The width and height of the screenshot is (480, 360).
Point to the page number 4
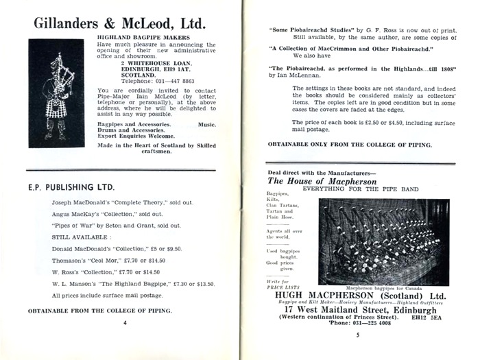125,321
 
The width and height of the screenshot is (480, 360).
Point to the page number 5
357,335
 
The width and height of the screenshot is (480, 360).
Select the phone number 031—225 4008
372,325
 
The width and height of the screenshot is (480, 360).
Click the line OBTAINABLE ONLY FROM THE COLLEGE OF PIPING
349,145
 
